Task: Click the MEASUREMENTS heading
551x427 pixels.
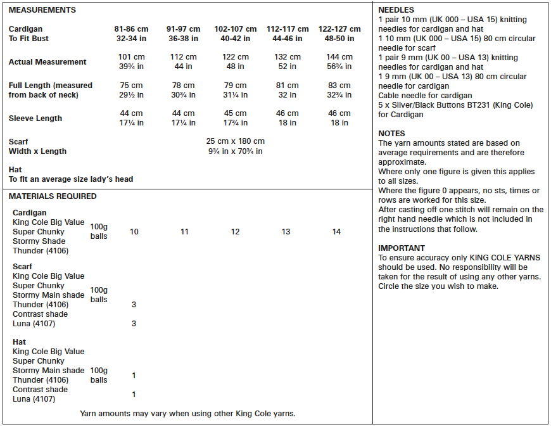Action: (x=42, y=10)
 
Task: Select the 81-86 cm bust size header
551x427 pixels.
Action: (x=132, y=29)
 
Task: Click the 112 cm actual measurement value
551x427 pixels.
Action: (x=184, y=57)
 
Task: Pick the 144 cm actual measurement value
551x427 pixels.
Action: (x=339, y=57)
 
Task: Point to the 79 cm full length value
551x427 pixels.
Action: (x=236, y=86)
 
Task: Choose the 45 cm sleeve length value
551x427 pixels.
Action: (x=236, y=113)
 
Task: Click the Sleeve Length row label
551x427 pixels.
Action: (x=35, y=118)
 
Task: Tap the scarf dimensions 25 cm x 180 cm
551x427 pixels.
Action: (x=236, y=141)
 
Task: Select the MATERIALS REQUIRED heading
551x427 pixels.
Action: (x=53, y=196)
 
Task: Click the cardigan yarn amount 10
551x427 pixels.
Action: (x=134, y=232)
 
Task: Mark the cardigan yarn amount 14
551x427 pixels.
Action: (x=336, y=232)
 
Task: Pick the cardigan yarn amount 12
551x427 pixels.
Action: (x=236, y=232)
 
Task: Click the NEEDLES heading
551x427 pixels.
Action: (x=396, y=10)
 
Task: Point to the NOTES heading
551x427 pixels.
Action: (x=391, y=134)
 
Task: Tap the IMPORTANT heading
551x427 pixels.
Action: (x=402, y=248)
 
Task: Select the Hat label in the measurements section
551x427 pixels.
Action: (x=15, y=170)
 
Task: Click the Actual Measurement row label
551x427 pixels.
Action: (x=47, y=62)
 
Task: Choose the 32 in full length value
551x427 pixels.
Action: (x=288, y=95)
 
